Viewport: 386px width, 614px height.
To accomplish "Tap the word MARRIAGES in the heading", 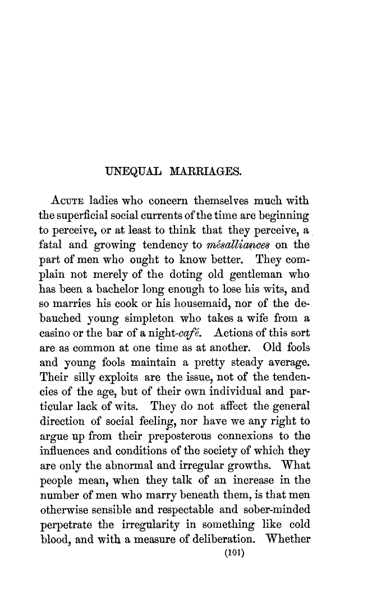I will (203, 170).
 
